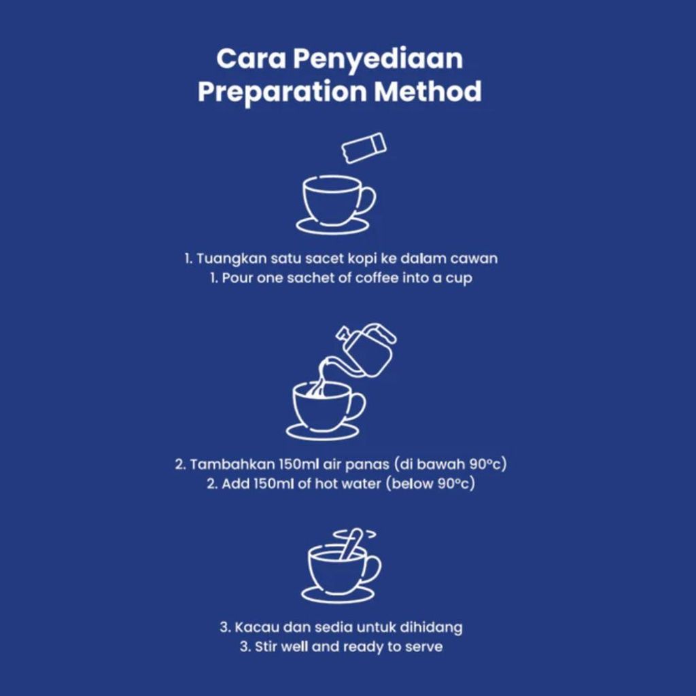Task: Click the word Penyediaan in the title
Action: pyautogui.click(x=378, y=60)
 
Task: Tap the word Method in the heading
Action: pyautogui.click(x=428, y=91)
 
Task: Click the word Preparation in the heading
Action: pyautogui.click(x=282, y=92)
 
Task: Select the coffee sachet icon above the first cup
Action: pyautogui.click(x=364, y=147)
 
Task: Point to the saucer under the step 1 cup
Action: pyautogui.click(x=332, y=226)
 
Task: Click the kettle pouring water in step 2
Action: pyautogui.click(x=364, y=351)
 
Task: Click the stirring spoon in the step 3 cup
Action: pyautogui.click(x=351, y=544)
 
